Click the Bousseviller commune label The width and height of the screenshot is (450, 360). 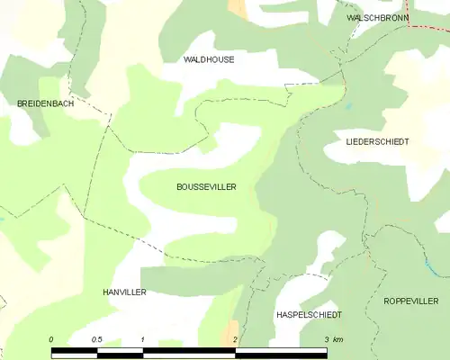(x=206, y=186)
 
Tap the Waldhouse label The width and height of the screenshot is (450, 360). (x=209, y=59)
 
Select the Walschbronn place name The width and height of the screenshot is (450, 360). (x=378, y=18)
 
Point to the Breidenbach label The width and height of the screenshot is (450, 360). (x=45, y=104)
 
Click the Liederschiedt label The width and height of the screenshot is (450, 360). (x=377, y=142)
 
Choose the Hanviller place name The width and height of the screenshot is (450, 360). (x=123, y=292)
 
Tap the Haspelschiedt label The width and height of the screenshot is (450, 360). (x=308, y=315)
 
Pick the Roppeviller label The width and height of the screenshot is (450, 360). (x=410, y=301)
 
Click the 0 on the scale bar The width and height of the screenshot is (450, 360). (x=51, y=339)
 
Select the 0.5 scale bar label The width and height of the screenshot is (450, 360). (x=96, y=339)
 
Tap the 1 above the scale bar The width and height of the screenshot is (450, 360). (x=143, y=339)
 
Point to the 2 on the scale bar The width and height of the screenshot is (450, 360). (x=235, y=339)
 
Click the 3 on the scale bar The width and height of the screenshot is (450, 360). (x=326, y=339)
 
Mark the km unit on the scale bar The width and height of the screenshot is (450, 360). (x=337, y=339)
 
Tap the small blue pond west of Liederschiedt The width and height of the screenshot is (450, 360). (x=347, y=106)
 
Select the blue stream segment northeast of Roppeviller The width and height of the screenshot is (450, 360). (x=430, y=266)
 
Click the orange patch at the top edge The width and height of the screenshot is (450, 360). (x=238, y=8)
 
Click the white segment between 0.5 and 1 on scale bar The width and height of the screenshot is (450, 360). (x=120, y=352)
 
